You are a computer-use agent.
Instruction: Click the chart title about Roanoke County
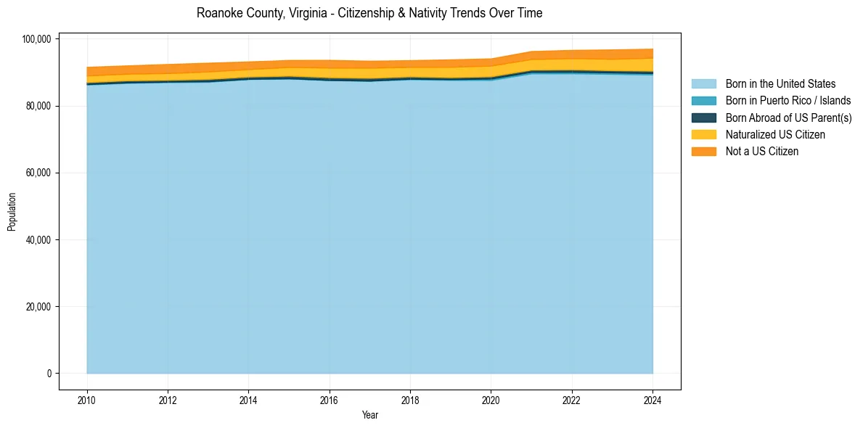369,13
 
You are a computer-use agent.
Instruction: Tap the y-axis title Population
12,212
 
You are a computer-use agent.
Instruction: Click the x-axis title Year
369,415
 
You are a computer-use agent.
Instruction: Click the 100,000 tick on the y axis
38,39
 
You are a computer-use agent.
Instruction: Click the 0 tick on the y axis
49,374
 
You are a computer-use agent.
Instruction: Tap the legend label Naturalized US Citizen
775,134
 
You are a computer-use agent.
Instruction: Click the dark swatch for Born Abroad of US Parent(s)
703,118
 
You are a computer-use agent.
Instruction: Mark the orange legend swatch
703,152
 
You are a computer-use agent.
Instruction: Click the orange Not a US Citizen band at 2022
572,54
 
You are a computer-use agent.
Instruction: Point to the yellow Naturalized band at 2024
651,65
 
